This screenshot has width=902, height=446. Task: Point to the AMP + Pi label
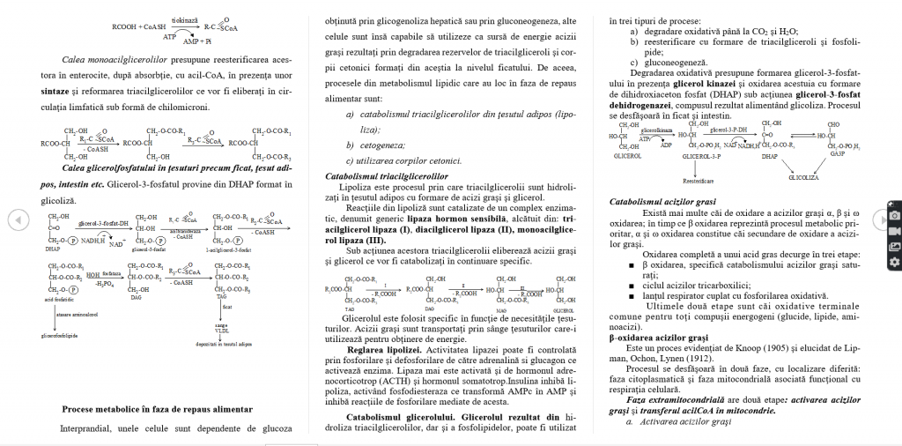(x=196, y=41)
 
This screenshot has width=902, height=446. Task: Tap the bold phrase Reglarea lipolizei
(x=385, y=350)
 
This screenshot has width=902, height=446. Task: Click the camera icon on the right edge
(x=894, y=215)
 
